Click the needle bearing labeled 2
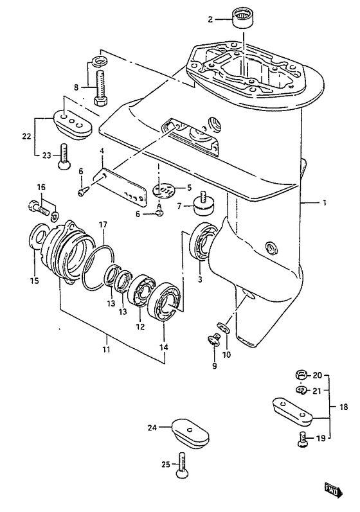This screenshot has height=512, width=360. pyautogui.click(x=243, y=19)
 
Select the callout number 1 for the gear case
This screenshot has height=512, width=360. pyautogui.click(x=324, y=203)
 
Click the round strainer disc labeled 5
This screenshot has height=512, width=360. pyautogui.click(x=164, y=190)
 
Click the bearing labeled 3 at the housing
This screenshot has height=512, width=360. pyautogui.click(x=202, y=242)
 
